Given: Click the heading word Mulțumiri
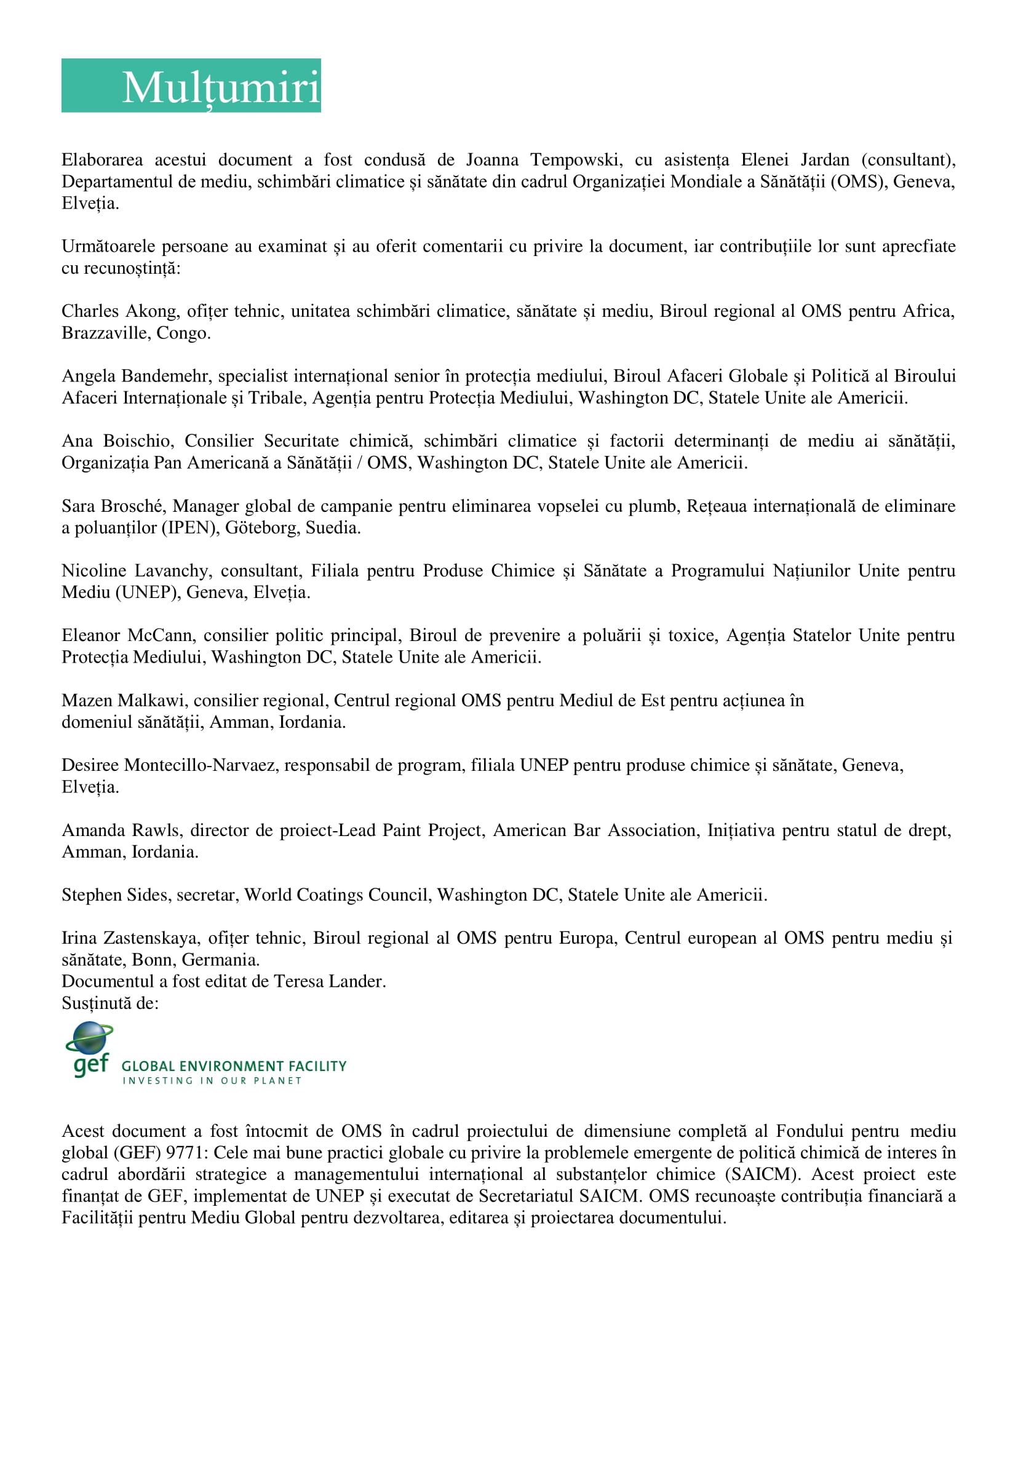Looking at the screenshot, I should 221,87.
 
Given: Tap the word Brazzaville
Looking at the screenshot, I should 105,332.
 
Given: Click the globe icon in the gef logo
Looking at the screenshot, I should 89,1038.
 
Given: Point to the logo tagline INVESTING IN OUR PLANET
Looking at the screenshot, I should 212,1080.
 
